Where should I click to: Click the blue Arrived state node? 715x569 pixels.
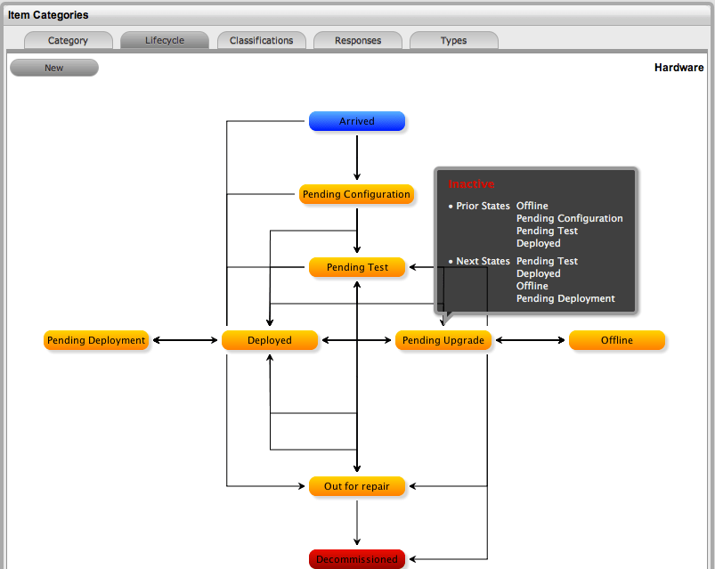(x=357, y=121)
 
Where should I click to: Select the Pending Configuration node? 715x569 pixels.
(x=356, y=194)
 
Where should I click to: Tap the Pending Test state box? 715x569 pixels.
(x=357, y=267)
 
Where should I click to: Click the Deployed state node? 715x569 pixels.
(x=270, y=340)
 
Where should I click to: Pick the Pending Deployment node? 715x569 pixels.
(x=96, y=340)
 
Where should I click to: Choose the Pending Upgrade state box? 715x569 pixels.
(x=443, y=340)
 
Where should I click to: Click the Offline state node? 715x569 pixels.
(x=617, y=340)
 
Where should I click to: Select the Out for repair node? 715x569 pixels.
(x=357, y=486)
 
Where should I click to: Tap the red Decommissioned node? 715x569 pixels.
(x=357, y=559)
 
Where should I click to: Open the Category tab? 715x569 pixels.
(x=69, y=40)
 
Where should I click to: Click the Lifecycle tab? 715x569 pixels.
(x=165, y=40)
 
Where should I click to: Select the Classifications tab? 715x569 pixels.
(x=261, y=40)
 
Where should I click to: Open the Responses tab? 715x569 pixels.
(x=358, y=40)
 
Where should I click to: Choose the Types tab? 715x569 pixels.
(x=454, y=40)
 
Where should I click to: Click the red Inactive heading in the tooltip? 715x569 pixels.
(x=471, y=184)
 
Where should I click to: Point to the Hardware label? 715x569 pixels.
(x=678, y=68)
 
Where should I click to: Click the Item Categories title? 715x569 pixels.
(x=48, y=15)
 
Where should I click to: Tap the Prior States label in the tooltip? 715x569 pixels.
(x=483, y=206)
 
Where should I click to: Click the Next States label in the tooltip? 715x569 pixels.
(x=483, y=261)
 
